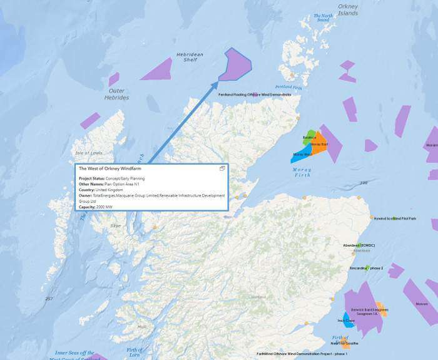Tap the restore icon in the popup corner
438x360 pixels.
coord(222,168)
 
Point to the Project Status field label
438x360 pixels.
coord(92,178)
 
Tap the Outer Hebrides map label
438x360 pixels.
coord(116,95)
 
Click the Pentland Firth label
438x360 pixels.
coord(288,87)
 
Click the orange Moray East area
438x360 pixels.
coord(319,145)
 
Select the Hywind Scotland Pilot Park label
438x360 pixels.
coord(395,219)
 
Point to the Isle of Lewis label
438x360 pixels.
coord(88,153)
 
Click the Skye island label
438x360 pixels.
coord(116,225)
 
